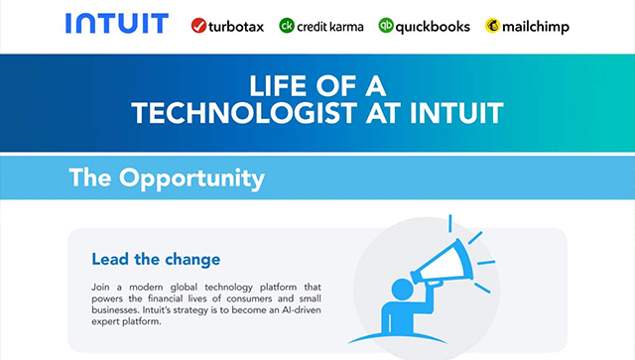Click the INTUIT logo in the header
[116, 24]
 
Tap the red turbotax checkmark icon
[197, 26]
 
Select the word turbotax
[235, 26]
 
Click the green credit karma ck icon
[287, 26]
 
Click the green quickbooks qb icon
[387, 26]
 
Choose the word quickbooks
[433, 26]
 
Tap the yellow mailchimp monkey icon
[493, 26]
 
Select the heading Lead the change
[156, 260]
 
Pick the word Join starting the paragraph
[102, 285]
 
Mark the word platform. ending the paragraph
[135, 322]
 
